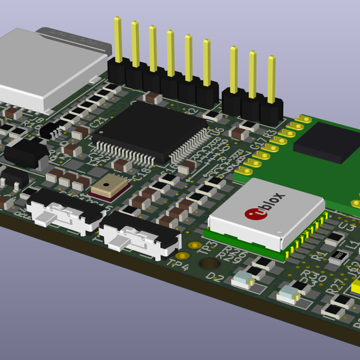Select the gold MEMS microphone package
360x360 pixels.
click(110, 187)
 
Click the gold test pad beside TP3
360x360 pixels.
click(194, 245)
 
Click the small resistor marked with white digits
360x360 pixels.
click(338, 255)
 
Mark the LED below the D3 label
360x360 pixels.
click(289, 295)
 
